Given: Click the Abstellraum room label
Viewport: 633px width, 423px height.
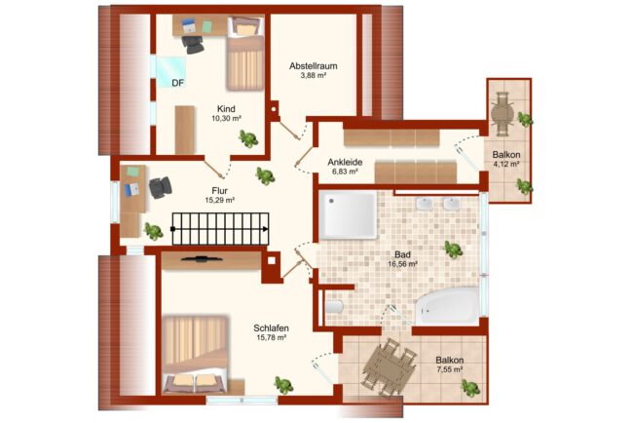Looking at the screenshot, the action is (314, 66).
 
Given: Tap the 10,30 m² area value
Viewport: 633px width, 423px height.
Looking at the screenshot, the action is (226, 118).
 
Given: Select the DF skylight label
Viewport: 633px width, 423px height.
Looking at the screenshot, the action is (178, 83).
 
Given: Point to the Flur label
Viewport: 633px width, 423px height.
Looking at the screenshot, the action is (220, 191).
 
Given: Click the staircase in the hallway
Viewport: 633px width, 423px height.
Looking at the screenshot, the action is (220, 229).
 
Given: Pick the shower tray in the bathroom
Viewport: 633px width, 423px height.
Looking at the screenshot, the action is (348, 215).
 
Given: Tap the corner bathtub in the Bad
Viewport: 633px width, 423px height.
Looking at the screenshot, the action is (447, 306).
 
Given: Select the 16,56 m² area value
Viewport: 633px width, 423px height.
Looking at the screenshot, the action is (402, 264).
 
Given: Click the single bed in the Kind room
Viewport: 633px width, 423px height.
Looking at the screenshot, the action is (245, 54).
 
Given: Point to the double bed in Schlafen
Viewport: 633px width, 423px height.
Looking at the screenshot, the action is (196, 355).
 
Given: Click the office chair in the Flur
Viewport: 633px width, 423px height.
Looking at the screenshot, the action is (161, 188).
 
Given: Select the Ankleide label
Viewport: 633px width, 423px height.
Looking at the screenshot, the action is (345, 162).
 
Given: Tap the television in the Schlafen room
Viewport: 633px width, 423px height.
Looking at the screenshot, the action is (201, 259).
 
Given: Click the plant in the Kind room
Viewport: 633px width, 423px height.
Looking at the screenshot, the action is (248, 138).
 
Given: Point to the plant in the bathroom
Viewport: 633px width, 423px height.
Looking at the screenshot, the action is (454, 249).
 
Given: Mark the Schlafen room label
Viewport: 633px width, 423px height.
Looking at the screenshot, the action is (272, 328).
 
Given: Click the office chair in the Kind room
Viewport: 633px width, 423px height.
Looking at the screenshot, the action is (193, 45).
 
